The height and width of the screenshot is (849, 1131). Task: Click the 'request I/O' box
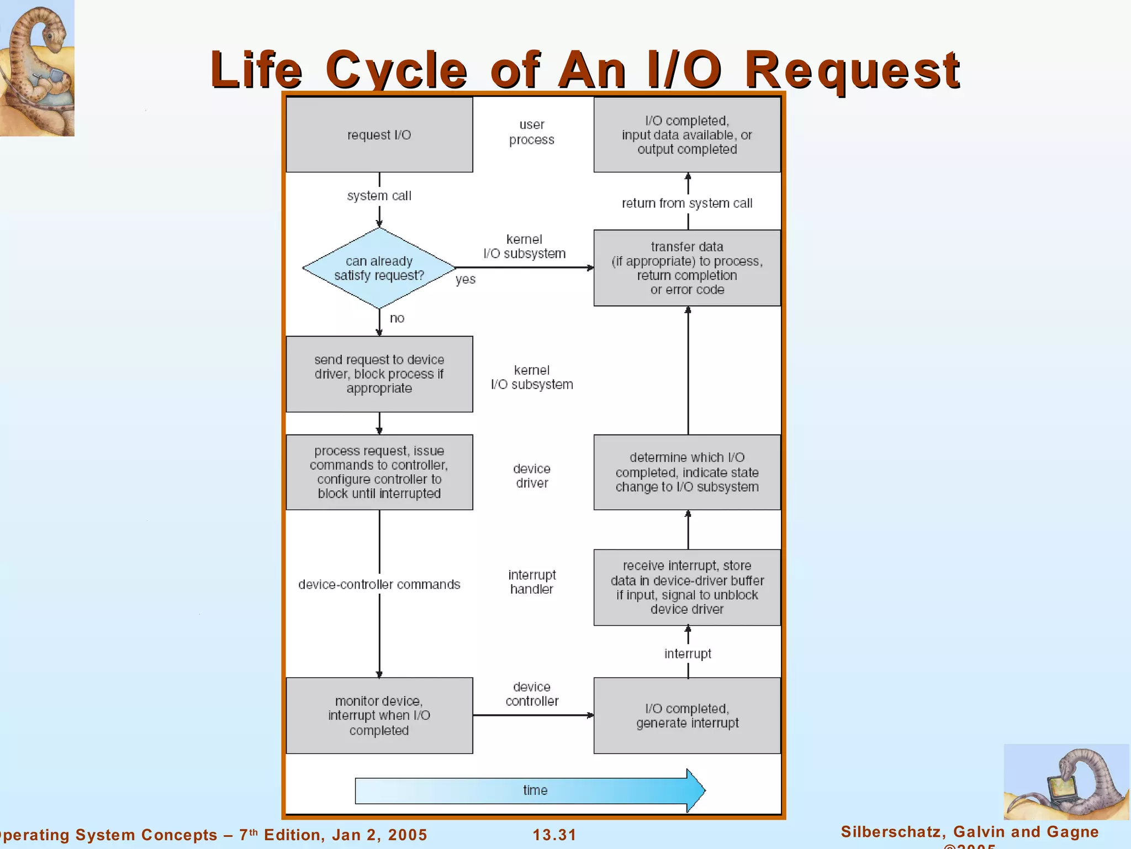[x=379, y=135]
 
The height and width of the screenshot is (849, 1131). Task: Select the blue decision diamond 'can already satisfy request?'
[x=379, y=268]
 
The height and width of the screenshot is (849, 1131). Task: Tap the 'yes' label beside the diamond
[x=466, y=280]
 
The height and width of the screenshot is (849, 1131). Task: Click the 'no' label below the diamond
[x=397, y=318]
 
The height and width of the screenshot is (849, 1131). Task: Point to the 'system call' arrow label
[x=379, y=196]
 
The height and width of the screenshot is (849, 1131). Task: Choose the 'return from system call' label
[x=687, y=203]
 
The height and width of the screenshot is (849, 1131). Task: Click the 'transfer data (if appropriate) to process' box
[x=687, y=268]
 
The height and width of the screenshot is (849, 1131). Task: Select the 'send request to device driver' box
[x=379, y=374]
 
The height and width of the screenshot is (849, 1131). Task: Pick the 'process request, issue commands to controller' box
[x=379, y=472]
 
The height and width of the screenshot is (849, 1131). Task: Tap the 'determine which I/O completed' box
[x=687, y=472]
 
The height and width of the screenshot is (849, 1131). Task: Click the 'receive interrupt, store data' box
[x=687, y=587]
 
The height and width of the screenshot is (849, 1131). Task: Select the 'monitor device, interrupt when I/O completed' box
[x=379, y=715]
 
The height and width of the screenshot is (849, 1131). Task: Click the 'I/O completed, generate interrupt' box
[x=687, y=715]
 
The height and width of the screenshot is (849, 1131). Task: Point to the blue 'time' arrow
[x=530, y=790]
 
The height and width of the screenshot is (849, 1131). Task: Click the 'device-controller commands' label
[x=379, y=585]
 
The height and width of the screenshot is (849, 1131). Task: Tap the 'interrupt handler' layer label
[x=531, y=582]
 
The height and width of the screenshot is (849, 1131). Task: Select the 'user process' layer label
[x=531, y=132]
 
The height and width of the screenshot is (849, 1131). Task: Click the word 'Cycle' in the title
[x=396, y=70]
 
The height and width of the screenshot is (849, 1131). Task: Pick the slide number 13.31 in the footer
[x=554, y=835]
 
